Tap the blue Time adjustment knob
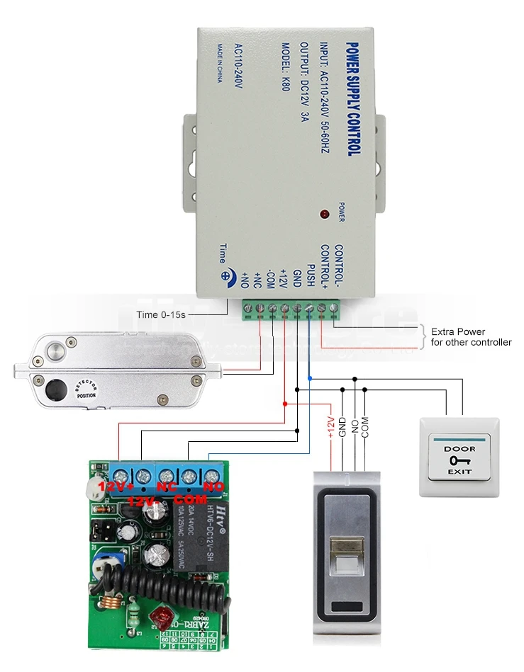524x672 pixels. (x=228, y=278)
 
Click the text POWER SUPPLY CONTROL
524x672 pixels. (x=353, y=100)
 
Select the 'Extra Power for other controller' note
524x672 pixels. (x=470, y=336)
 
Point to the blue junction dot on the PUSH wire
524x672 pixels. (x=309, y=379)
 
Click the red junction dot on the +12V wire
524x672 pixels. (x=285, y=404)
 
